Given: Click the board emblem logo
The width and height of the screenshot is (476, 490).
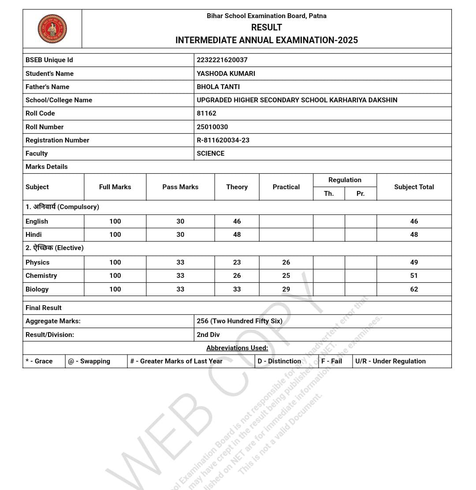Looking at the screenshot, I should (x=52, y=29).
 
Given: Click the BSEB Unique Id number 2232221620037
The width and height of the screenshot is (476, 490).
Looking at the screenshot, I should (x=222, y=60).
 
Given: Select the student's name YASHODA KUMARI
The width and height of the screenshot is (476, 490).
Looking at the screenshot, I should (x=226, y=74).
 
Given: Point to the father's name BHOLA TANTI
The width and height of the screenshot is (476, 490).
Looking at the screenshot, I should (x=218, y=87).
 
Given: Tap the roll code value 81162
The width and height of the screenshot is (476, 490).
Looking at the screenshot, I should (x=206, y=113).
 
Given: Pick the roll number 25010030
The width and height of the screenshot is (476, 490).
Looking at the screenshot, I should (x=212, y=127).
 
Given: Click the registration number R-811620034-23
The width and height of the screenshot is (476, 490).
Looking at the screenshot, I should (x=223, y=140).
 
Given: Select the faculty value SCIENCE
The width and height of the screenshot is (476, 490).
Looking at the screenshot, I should (x=210, y=153).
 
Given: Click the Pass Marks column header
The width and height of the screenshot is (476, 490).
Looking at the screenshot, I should (x=180, y=187).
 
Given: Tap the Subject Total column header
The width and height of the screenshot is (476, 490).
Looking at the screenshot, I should (x=414, y=187).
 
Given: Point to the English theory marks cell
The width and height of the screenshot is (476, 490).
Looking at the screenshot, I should (x=237, y=221).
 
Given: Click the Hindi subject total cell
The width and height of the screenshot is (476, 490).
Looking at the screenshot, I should (x=414, y=235).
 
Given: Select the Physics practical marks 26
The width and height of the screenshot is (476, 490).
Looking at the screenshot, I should (x=286, y=262).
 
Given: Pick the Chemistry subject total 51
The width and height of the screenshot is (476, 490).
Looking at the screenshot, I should (x=414, y=276).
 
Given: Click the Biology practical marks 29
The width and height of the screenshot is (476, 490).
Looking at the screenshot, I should (x=286, y=289).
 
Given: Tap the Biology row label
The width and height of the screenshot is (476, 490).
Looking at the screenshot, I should (x=37, y=289).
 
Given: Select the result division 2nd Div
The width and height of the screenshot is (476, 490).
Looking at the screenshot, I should (x=208, y=335).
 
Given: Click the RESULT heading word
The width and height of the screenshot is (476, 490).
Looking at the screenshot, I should (x=267, y=27).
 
